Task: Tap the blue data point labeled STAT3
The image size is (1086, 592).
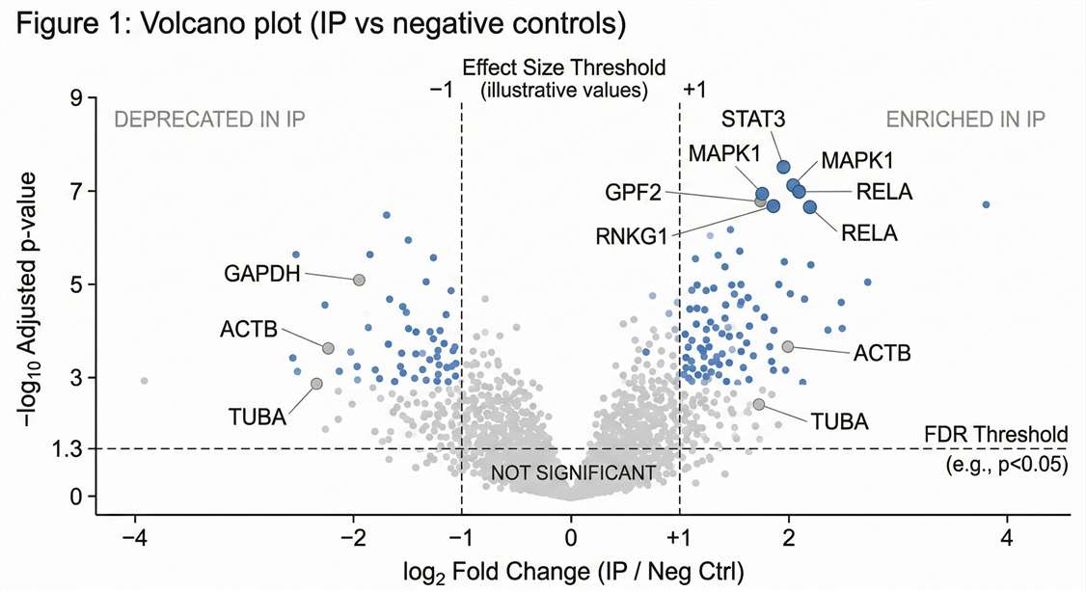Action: click(783, 167)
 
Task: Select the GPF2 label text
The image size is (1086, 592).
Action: click(634, 193)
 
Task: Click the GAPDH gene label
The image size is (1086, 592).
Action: click(262, 272)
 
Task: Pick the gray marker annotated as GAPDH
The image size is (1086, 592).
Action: click(359, 280)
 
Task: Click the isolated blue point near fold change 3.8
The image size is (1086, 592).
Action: click(986, 204)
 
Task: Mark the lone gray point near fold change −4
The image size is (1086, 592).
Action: click(145, 381)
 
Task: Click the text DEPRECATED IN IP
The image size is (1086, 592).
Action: click(210, 120)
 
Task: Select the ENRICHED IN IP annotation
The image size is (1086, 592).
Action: click(966, 120)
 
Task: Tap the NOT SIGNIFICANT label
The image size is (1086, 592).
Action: click(573, 472)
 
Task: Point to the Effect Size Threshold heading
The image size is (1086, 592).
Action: click(563, 68)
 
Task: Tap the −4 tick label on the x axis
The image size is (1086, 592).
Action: click(135, 537)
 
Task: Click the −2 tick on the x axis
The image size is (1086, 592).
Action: click(353, 537)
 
